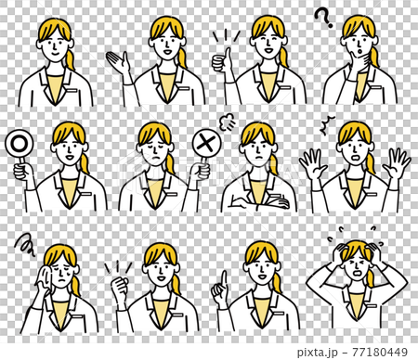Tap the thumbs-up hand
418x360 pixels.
(222, 60)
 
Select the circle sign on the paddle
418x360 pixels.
(18, 143)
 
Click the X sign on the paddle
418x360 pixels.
(206, 143)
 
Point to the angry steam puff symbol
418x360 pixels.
(227, 122)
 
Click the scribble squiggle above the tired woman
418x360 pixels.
(25, 245)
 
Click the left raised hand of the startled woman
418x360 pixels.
(312, 163)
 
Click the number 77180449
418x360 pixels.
(380, 352)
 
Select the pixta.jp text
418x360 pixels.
(317, 353)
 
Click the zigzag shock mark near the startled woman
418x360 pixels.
(327, 125)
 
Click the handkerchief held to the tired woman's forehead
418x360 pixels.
(46, 276)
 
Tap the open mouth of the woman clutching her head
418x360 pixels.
(359, 274)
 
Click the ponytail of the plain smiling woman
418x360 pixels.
(70, 58)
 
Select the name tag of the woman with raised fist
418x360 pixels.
(178, 315)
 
